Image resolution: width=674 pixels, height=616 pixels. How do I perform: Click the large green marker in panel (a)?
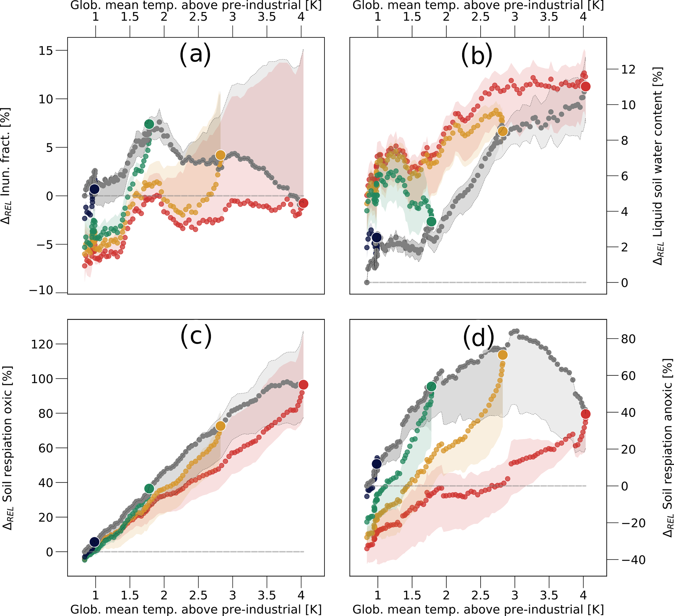(149, 124)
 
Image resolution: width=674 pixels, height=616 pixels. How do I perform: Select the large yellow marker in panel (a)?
(220, 155)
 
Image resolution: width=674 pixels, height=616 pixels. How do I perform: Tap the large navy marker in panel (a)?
(95, 189)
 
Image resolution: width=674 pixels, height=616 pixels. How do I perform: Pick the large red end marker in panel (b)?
(585, 87)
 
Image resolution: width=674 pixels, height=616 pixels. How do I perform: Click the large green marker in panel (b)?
(431, 221)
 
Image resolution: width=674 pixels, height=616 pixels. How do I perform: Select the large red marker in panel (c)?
(303, 385)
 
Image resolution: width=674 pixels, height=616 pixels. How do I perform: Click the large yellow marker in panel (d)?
(502, 355)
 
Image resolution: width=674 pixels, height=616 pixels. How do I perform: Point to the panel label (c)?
(196, 336)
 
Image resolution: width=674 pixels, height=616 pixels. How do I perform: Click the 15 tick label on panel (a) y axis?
(45, 51)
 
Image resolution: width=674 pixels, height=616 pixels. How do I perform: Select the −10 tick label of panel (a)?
(41, 290)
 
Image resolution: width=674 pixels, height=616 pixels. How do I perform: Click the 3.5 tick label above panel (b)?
(549, 17)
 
